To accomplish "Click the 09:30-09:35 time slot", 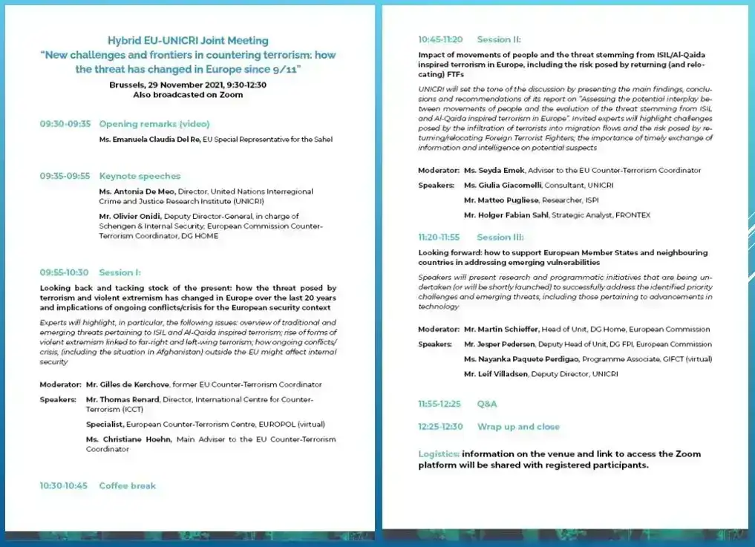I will pos(65,124).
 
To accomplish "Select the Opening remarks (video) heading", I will pos(154,124).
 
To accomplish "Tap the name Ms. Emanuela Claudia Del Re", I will pos(148,139).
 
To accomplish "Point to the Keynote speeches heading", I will pos(140,176).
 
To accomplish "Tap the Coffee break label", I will pos(128,485).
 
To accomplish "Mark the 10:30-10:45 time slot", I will pos(64,485).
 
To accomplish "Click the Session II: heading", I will pos(499,39).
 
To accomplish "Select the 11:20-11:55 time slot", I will pos(439,238).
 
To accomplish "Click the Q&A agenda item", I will pos(487,404).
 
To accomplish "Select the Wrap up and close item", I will pos(518,427).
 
